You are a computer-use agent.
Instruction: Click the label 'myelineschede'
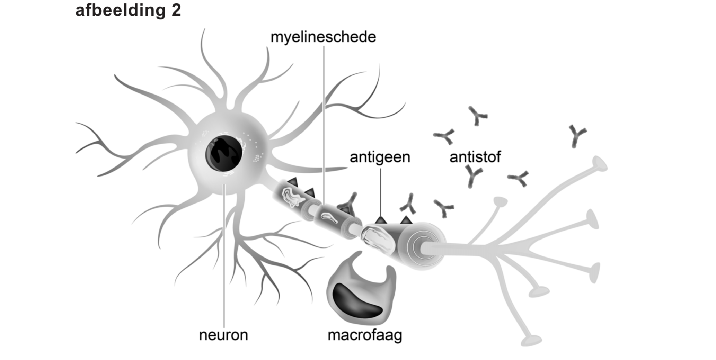click(323, 37)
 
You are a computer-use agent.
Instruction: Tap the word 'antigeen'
click(380, 157)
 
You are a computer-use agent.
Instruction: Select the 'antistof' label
click(475, 157)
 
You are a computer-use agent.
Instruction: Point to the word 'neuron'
click(223, 335)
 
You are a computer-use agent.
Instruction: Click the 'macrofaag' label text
click(365, 335)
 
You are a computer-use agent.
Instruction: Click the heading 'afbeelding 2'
click(128, 10)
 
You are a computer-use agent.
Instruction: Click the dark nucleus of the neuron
click(223, 154)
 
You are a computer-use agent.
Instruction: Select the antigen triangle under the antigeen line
click(381, 220)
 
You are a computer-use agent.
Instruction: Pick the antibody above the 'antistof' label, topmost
click(477, 116)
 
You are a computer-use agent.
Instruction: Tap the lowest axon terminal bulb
click(531, 341)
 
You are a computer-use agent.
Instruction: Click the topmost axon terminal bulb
click(600, 163)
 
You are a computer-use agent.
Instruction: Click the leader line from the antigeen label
click(380, 190)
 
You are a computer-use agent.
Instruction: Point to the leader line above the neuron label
click(224, 256)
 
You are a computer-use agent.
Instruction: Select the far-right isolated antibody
click(577, 136)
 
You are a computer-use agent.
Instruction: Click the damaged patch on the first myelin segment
click(293, 197)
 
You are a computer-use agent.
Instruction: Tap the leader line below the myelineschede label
click(324, 121)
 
